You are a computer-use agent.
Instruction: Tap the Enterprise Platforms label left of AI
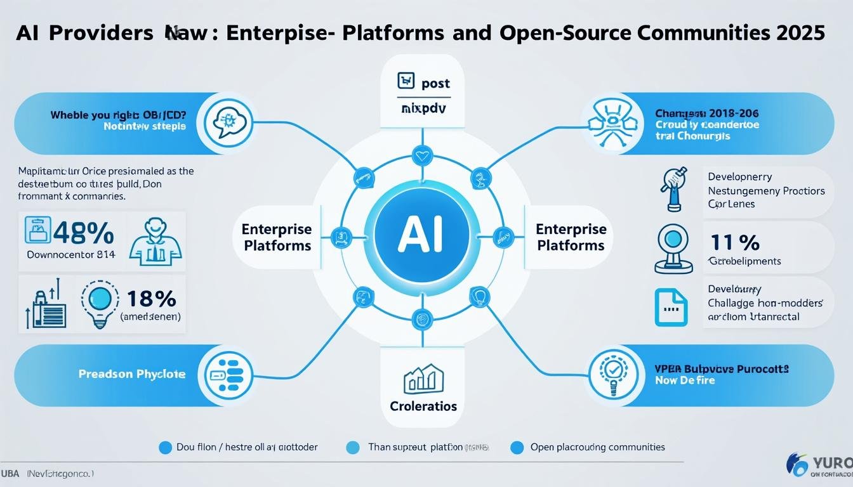[x=277, y=237]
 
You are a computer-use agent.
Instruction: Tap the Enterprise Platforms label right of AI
[x=571, y=237]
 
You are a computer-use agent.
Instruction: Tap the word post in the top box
[x=435, y=83]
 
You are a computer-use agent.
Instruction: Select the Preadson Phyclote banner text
[x=132, y=374]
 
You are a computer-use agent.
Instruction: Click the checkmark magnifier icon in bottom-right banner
[x=612, y=375]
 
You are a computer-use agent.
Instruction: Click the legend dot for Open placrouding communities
[x=517, y=448]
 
